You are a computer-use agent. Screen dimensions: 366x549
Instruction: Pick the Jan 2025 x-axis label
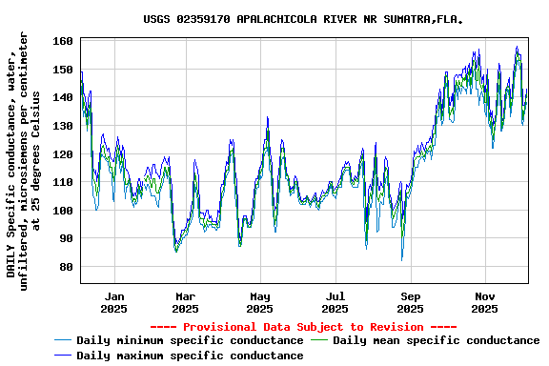113,302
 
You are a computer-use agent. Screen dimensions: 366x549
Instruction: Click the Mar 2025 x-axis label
186,302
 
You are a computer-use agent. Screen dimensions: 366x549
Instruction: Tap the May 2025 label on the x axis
260,302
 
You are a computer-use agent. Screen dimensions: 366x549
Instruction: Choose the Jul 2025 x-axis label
335,302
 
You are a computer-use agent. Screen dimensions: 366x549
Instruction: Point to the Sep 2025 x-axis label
410,302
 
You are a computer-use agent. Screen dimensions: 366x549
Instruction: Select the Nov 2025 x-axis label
485,302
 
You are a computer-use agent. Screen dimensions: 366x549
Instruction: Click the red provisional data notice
303,327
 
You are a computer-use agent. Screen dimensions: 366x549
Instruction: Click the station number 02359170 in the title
203,19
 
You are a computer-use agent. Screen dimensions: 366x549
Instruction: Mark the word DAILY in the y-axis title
11,260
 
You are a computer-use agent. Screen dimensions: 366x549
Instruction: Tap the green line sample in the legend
319,340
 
